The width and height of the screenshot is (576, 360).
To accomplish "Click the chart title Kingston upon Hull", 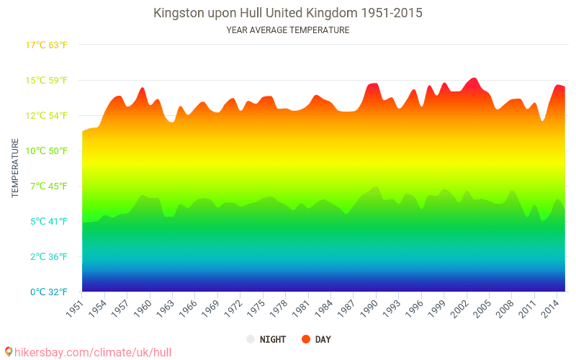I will [x=288, y=13].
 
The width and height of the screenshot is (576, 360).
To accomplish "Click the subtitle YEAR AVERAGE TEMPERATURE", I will [x=288, y=30].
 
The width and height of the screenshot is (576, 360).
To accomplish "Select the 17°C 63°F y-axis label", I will [x=47, y=45].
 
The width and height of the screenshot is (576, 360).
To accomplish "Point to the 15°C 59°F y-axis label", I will [x=47, y=80].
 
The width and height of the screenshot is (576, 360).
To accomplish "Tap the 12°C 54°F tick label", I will [x=47, y=115].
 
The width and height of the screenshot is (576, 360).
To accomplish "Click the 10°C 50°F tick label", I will [x=47, y=150].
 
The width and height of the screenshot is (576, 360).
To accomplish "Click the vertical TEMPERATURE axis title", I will [x=15, y=168].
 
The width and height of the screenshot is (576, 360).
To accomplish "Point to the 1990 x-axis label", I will [x=369, y=309].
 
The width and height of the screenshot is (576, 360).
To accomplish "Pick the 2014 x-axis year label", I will [x=551, y=309].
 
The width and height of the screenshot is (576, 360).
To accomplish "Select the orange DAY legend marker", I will [x=305, y=339].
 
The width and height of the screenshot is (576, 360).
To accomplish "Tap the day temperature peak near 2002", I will [x=473, y=78].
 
